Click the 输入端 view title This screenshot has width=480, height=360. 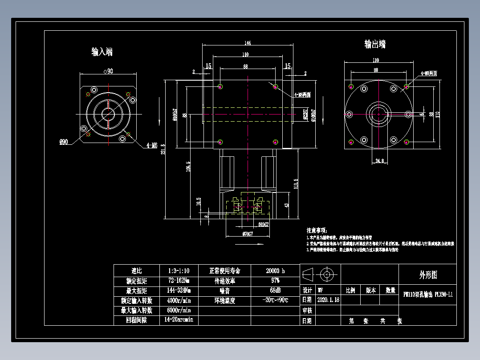[x=102, y=52]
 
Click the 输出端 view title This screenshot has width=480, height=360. [x=375, y=44]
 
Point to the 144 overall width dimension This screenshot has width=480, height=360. [x=248, y=43]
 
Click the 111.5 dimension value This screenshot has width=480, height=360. [x=296, y=184]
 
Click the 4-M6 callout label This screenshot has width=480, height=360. [x=152, y=145]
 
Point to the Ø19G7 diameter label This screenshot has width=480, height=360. [x=264, y=225]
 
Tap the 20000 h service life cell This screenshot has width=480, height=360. [x=275, y=271]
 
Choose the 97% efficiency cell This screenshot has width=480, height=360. [x=275, y=281]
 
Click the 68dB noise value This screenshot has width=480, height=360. [x=275, y=290]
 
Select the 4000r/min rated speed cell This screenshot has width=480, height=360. [x=179, y=300]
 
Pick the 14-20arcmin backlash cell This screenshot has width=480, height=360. [x=179, y=320]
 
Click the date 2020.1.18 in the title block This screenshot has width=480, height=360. [x=328, y=300]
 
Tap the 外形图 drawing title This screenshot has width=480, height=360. [x=428, y=275]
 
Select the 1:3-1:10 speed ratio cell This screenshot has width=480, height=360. [x=179, y=271]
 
